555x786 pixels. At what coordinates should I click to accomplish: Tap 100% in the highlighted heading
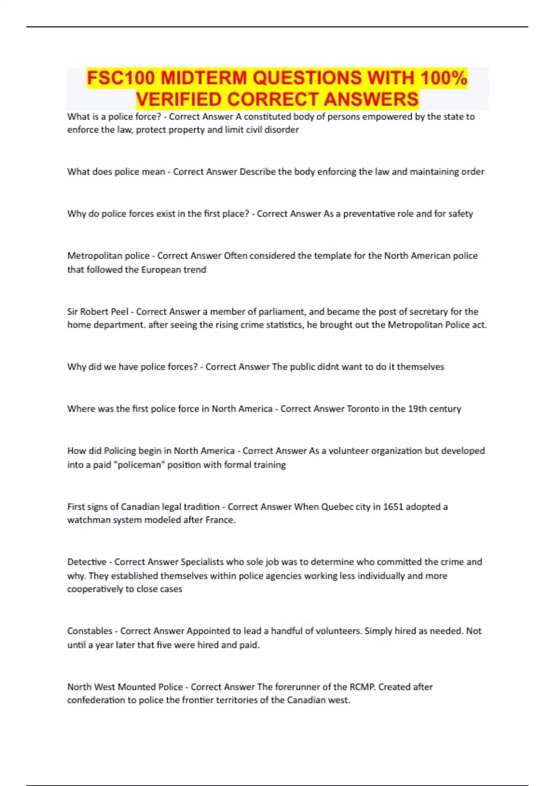pos(444,78)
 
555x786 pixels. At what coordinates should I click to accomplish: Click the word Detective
pos(86,562)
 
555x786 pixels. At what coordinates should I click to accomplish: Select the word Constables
pos(90,631)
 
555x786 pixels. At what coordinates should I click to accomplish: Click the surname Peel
pos(120,312)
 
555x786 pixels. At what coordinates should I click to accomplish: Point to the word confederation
pos(96,700)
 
